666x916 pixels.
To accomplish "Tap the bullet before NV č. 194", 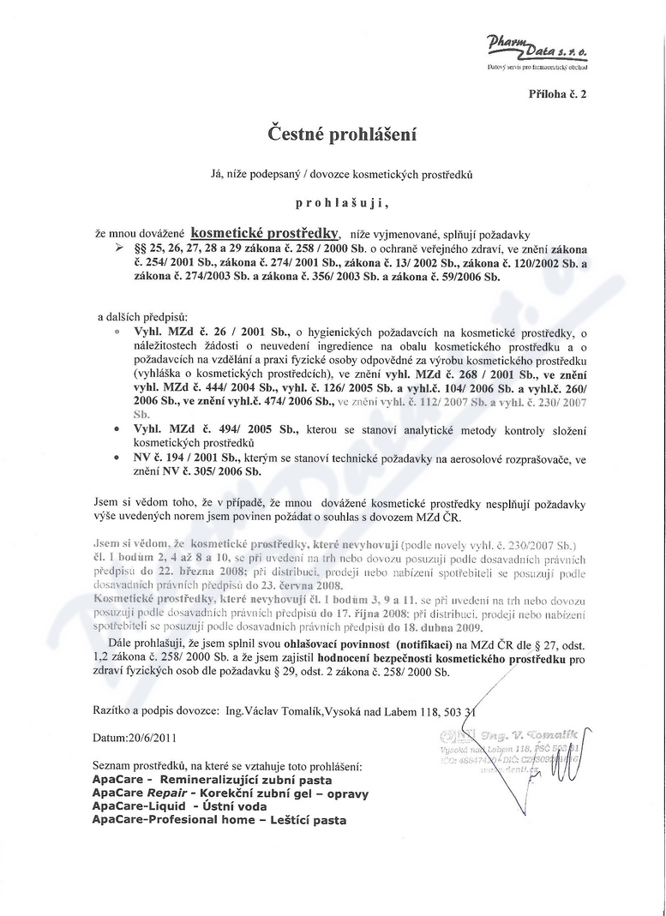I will [x=117, y=460].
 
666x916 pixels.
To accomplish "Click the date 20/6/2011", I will [x=154, y=737].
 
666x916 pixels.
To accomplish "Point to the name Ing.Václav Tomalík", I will [x=271, y=710].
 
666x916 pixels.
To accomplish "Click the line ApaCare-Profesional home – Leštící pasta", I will [x=219, y=820].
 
